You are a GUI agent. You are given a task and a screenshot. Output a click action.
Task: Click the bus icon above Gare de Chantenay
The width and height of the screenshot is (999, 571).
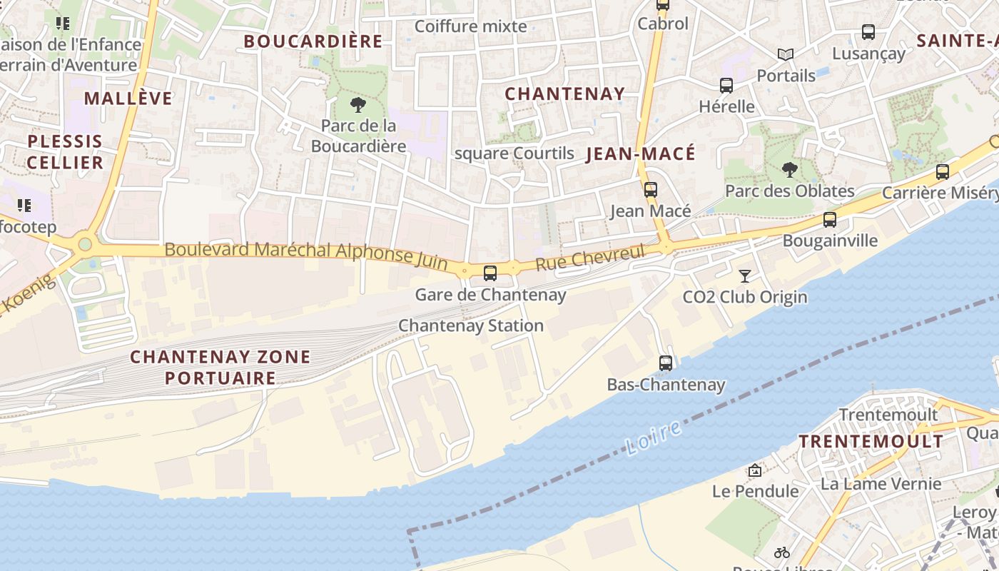490,273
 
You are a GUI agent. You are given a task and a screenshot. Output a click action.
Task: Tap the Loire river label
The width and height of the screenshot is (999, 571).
653,438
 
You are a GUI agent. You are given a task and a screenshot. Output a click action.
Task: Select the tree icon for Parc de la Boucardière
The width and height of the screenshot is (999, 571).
358,106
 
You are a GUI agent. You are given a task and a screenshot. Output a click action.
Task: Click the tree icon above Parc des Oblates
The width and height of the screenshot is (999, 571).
789,170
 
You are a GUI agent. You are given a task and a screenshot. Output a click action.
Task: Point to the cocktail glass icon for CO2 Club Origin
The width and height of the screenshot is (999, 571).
745,276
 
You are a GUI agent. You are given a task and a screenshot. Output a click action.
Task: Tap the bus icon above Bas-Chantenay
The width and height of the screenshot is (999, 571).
666,363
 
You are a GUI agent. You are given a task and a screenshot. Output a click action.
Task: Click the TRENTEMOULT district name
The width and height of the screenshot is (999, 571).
871,441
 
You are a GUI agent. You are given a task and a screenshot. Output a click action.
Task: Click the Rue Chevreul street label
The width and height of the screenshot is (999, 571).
589,258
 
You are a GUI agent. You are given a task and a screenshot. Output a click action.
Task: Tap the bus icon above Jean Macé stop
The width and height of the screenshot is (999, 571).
650,190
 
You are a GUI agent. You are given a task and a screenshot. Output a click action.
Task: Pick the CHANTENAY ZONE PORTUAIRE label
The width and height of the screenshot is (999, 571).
220,367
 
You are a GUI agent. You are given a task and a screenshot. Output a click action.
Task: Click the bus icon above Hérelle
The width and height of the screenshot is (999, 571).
726,86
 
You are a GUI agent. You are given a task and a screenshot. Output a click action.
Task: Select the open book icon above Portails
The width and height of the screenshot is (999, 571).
786,54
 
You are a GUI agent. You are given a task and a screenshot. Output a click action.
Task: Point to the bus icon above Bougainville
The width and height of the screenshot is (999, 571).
829,220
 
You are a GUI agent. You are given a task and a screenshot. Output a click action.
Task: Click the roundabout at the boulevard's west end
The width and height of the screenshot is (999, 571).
85,245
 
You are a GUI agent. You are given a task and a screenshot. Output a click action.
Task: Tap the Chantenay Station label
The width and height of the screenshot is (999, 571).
471,325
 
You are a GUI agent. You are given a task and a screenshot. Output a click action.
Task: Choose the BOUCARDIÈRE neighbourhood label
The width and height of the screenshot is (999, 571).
313,41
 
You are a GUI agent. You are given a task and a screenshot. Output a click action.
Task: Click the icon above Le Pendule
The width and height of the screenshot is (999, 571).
755,470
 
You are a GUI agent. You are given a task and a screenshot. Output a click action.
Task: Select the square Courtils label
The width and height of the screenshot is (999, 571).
514,153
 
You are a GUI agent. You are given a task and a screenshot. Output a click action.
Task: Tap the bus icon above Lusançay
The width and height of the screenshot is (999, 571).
868,32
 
